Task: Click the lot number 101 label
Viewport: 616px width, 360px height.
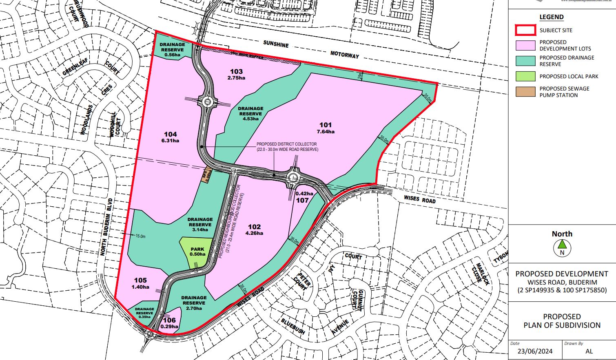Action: pyautogui.click(x=325, y=125)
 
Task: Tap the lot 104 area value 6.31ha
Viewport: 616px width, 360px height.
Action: pyautogui.click(x=171, y=141)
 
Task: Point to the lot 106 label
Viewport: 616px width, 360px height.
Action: pyautogui.click(x=169, y=320)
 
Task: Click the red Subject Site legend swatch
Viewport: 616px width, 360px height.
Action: pyautogui.click(x=525, y=30)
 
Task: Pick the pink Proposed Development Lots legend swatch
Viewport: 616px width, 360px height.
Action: pyautogui.click(x=525, y=45)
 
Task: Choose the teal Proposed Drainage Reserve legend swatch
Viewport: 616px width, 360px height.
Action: pyautogui.click(x=525, y=61)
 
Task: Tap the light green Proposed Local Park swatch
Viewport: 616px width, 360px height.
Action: pyautogui.click(x=525, y=76)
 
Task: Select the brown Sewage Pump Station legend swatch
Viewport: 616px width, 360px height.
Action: pyautogui.click(x=525, y=92)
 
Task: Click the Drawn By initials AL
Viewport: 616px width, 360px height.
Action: pyautogui.click(x=589, y=351)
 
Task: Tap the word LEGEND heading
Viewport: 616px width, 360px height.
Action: pyautogui.click(x=551, y=17)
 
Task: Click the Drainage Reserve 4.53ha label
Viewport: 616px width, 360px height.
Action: pyautogui.click(x=250, y=114)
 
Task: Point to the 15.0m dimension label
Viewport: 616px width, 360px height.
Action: pyautogui.click(x=140, y=236)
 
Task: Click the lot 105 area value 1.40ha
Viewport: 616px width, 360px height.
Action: pyautogui.click(x=140, y=287)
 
